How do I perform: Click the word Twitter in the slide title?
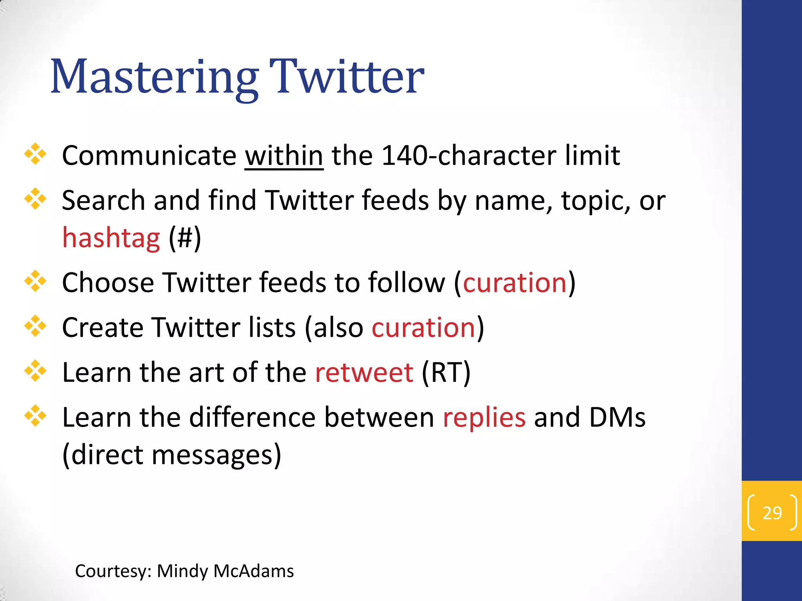tap(347, 77)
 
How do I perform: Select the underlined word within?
tap(284, 156)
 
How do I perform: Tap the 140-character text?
tap(468, 156)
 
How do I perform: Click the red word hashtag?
tap(111, 238)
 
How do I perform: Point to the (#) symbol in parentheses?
tap(185, 238)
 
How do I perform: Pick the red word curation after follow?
tap(515, 283)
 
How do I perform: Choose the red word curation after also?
tap(423, 327)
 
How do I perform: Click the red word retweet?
tap(364, 372)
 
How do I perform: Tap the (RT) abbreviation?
tap(446, 372)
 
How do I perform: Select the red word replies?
tap(484, 417)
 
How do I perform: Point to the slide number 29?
tap(772, 513)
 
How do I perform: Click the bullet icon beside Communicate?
tap(35, 154)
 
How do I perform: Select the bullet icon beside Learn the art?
tap(35, 371)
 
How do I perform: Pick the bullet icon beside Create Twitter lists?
tap(35, 326)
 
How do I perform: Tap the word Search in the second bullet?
tap(103, 200)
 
